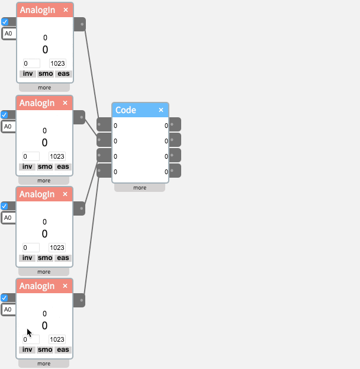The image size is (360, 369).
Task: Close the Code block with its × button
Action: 161,110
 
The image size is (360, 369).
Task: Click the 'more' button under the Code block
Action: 140,188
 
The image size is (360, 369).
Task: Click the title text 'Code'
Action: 126,110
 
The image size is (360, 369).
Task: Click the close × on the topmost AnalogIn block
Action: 66,10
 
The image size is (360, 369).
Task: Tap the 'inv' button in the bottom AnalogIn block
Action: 27,349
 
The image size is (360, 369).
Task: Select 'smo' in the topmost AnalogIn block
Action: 45,74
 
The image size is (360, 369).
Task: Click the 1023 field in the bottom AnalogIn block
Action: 57,339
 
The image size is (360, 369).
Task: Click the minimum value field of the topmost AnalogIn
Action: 31,63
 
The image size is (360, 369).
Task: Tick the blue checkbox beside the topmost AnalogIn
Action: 5,22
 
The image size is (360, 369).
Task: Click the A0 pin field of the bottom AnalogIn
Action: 9,309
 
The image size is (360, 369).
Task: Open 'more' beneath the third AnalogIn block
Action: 44,272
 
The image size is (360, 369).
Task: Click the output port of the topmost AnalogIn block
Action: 80,24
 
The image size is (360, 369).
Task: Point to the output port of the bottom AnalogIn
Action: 80,300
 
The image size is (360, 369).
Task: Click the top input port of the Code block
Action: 102,124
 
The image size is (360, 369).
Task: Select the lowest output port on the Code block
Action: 175,171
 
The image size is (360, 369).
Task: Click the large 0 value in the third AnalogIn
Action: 45,233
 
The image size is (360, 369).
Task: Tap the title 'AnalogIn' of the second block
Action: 37,103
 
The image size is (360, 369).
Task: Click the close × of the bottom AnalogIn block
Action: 66,286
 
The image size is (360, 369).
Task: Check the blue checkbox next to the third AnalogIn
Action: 5,206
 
